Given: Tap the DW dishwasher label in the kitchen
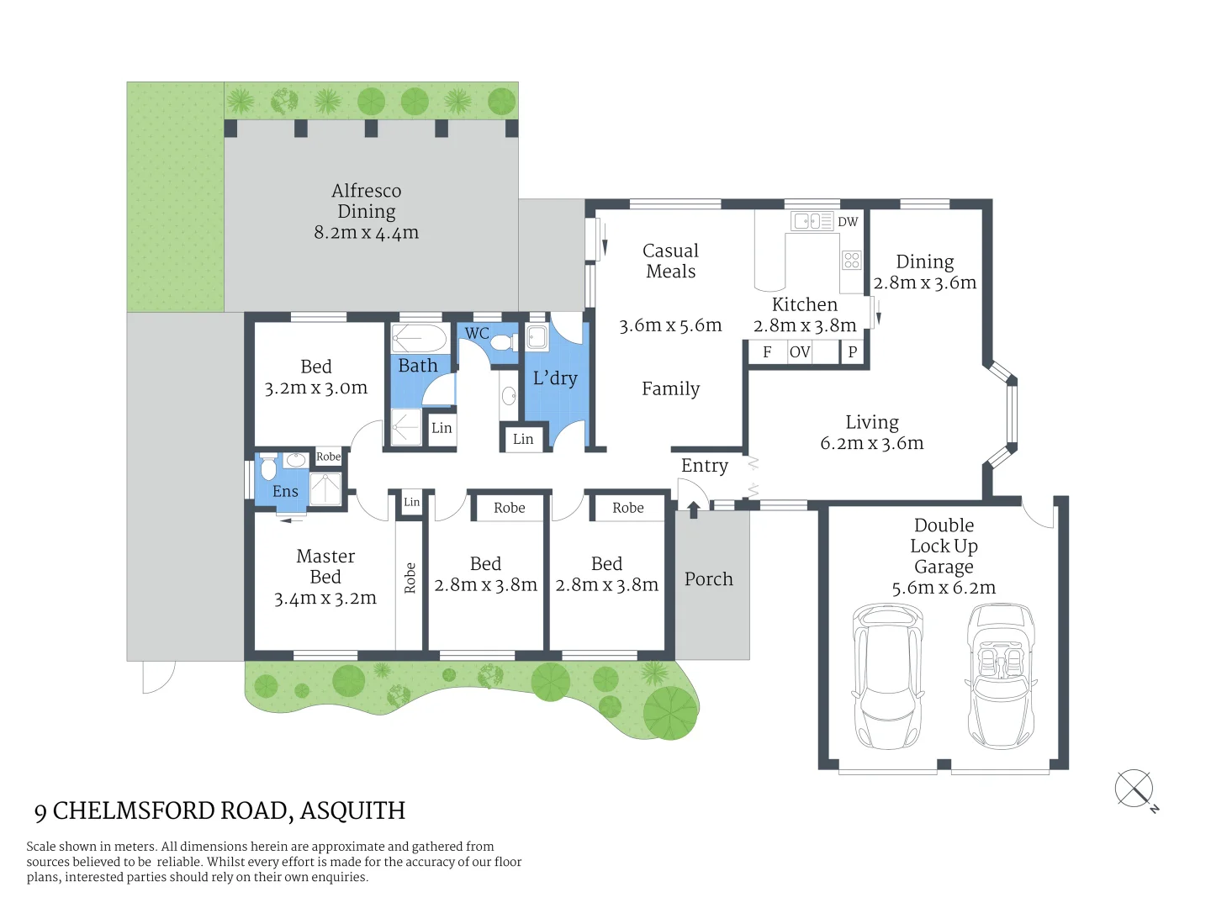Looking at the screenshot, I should (848, 222).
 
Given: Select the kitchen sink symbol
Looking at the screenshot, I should (812, 221).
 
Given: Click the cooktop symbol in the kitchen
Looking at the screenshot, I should (852, 260).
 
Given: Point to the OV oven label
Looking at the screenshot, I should (800, 352).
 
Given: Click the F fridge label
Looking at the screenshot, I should (767, 352).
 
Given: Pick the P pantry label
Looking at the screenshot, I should (852, 352).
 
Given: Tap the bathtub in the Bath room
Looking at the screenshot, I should (419, 339).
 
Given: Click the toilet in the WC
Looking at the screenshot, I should (503, 342).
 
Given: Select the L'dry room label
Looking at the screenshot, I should (555, 378).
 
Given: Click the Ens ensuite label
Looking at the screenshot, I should (285, 492).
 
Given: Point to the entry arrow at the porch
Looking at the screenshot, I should (693, 509).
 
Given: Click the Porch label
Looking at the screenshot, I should (709, 579).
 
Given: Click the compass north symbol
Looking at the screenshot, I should (1134, 789).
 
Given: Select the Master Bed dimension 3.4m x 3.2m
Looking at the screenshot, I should (325, 599).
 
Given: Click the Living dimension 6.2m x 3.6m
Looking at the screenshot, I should (872, 443).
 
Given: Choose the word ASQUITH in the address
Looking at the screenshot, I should (352, 810).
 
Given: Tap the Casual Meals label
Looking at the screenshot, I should (670, 261).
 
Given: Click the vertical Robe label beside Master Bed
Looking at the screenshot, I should (410, 578).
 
